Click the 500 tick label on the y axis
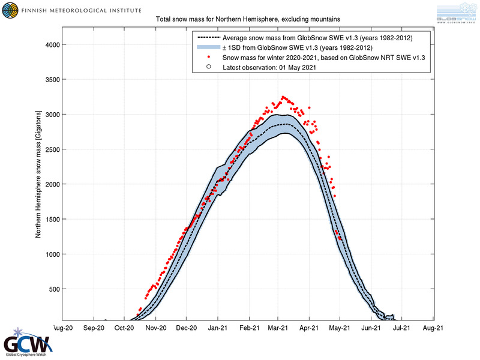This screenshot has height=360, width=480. tap(50, 289)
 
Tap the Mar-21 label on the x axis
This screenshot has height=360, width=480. tap(278, 328)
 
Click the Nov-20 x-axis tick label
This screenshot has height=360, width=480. tap(155, 328)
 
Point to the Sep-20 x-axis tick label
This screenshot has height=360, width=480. tap(94, 328)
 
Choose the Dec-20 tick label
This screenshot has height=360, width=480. tap(186, 328)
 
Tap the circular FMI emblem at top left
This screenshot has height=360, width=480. tap(10, 10)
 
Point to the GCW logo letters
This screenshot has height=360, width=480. tap(27, 346)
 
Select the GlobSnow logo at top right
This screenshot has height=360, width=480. tap(458, 13)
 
